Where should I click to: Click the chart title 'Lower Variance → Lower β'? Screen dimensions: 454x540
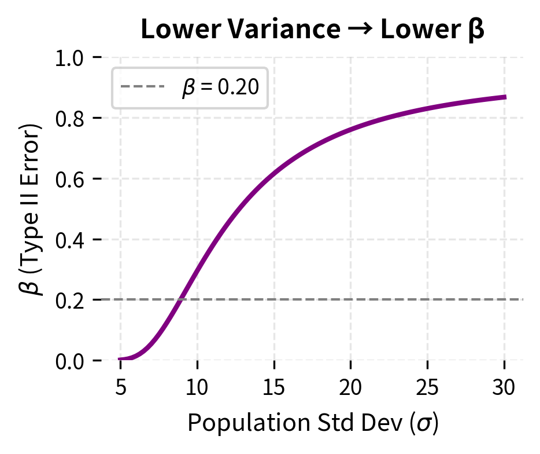click(312, 31)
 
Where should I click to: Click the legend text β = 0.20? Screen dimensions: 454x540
click(220, 89)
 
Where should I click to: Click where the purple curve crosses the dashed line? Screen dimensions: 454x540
click(182, 299)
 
